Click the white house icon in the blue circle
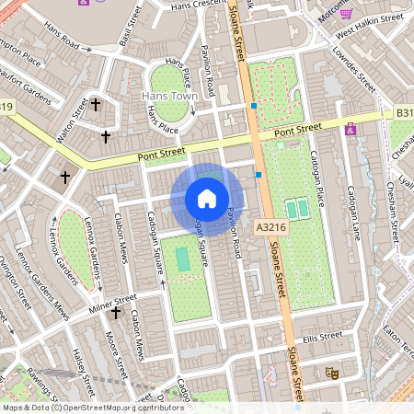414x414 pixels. pos(207,199)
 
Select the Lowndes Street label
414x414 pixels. pos(352,67)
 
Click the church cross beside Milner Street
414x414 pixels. pos(116,314)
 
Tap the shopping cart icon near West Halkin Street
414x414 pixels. pos(346,13)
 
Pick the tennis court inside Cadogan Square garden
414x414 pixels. pos(184,259)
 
